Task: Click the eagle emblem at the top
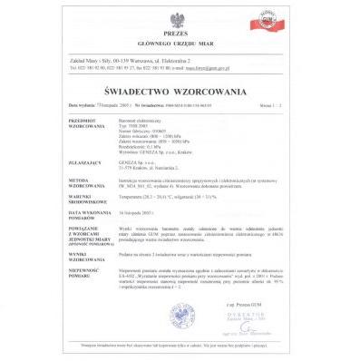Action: (x=180, y=18)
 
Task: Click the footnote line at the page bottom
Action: (x=180, y=346)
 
